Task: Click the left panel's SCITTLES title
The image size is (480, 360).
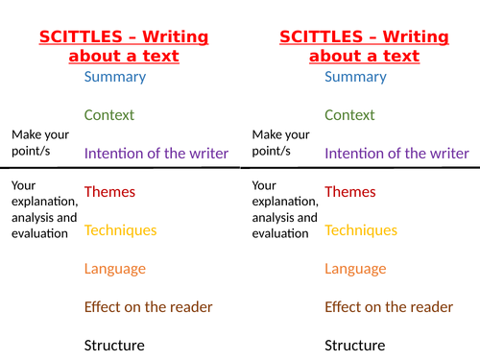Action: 124,46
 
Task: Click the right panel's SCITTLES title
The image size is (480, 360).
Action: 364,46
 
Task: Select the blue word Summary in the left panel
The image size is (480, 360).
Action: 115,77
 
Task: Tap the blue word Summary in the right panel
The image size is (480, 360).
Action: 355,77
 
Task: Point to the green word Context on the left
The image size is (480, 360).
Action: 108,115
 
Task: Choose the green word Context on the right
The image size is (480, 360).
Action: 349,115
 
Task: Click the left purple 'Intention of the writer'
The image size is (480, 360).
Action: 156,154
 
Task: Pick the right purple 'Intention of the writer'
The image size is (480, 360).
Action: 396,154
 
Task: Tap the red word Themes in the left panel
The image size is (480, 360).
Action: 109,192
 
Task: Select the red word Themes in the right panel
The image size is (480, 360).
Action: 350,192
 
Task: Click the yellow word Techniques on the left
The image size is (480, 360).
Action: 120,230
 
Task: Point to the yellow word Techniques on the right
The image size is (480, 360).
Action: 360,230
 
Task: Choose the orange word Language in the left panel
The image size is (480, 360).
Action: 115,269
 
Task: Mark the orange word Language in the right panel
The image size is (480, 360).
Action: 355,269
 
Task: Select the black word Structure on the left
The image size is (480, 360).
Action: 114,346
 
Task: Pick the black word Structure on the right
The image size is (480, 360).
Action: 354,346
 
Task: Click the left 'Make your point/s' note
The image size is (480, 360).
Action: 41,144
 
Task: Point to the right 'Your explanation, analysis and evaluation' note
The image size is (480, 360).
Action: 283,208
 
